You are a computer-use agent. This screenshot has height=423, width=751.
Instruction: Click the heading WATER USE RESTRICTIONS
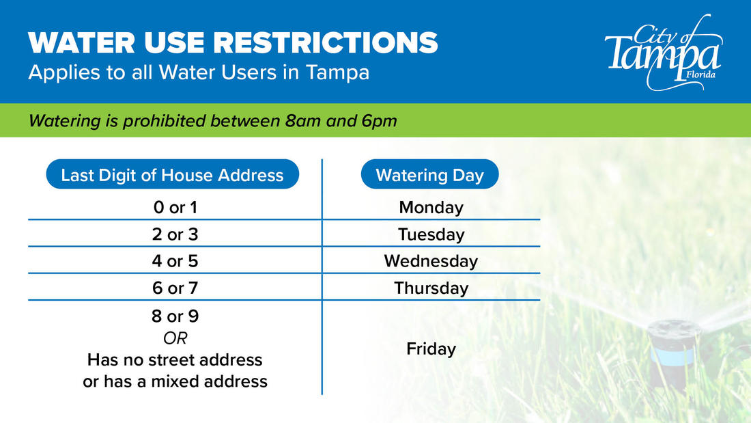coord(233,43)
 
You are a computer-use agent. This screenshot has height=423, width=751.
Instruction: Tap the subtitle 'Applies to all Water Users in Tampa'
coord(199,72)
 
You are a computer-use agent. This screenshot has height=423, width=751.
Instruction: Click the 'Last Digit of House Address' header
coord(172,175)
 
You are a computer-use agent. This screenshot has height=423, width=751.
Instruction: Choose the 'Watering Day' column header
coord(429,175)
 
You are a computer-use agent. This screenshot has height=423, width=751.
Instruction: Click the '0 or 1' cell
coord(175,207)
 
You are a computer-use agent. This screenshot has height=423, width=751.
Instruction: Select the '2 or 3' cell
coord(175,234)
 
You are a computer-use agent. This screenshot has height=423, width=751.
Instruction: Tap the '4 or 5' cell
coord(175,261)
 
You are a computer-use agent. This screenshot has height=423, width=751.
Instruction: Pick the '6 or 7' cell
coord(175,288)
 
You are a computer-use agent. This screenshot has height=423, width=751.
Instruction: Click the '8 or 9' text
coord(175,317)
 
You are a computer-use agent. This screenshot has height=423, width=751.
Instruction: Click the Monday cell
coord(431,207)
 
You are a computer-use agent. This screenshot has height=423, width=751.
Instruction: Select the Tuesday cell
coord(431,234)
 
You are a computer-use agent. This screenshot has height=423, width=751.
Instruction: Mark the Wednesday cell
coord(431,261)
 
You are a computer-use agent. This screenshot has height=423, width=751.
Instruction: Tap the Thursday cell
coord(431,288)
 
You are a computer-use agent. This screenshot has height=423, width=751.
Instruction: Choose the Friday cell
coord(431,349)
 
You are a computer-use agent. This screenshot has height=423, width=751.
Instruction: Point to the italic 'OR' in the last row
coord(175,338)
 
